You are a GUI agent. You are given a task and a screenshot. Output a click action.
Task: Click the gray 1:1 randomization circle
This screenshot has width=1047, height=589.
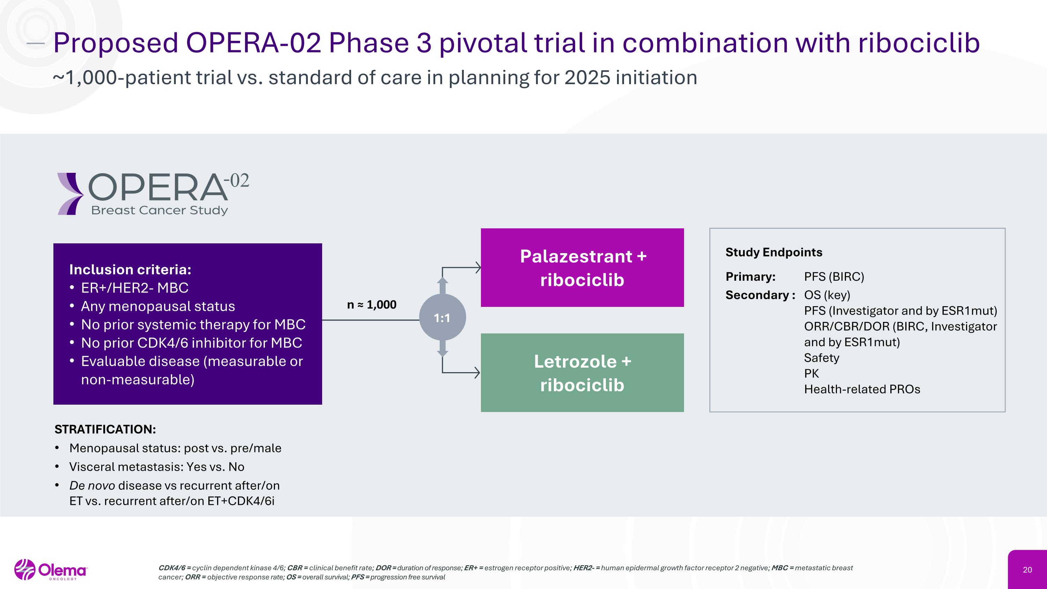point(442,317)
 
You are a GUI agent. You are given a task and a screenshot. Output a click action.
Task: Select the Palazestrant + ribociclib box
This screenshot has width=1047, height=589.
point(582,267)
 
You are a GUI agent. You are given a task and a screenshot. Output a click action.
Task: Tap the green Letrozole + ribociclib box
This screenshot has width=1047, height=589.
point(582,373)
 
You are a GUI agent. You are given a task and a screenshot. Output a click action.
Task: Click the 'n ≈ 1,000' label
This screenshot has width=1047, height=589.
point(371,304)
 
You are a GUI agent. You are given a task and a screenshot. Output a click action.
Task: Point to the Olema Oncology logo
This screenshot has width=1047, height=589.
point(51,569)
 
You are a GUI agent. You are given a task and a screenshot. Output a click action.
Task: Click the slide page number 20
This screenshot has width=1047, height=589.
point(1027,570)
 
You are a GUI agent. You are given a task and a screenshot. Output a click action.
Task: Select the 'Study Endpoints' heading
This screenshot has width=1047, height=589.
point(773,252)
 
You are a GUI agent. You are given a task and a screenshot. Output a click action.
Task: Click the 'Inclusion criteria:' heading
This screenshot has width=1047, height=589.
point(130,270)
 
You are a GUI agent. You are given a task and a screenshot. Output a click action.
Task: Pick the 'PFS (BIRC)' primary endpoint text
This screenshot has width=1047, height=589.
point(834,277)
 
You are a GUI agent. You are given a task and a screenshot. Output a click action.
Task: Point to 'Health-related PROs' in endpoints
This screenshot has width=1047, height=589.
point(862,389)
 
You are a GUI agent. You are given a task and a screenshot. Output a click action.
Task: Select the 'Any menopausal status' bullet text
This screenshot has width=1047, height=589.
point(158,307)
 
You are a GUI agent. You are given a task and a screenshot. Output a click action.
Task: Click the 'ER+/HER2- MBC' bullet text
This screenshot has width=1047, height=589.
point(134,288)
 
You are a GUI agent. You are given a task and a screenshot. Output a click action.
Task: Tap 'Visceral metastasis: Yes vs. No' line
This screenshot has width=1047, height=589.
point(156,467)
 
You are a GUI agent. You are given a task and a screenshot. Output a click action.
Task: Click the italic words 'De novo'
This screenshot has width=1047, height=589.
point(92,485)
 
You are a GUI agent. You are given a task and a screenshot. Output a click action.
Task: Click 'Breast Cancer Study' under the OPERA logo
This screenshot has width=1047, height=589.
point(159,210)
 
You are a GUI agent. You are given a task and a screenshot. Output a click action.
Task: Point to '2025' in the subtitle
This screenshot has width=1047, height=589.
point(587,77)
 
